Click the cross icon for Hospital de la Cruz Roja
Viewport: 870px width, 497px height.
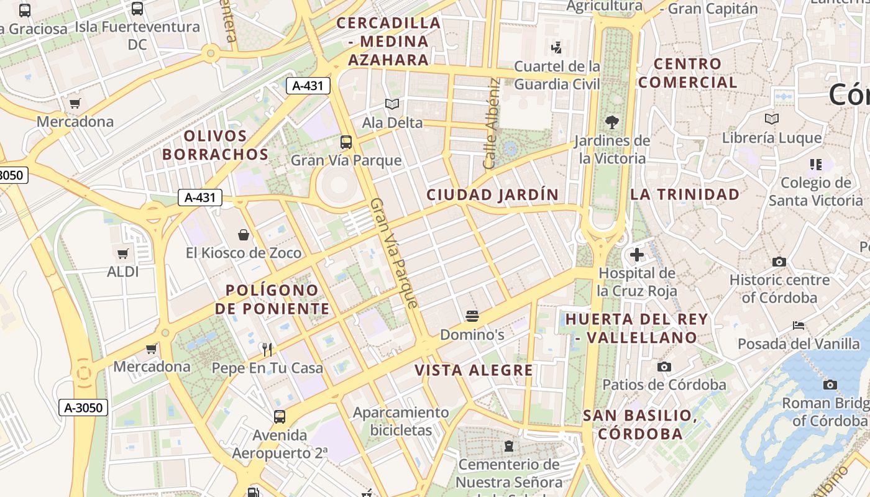point(637,254)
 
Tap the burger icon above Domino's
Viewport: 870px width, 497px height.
point(472,316)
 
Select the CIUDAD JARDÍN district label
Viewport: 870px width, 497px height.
point(493,194)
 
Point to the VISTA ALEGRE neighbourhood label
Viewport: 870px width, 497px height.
point(474,370)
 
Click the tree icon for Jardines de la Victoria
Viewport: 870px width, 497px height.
point(611,122)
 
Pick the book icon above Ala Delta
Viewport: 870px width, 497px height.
point(392,104)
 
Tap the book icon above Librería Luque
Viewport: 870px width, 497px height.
point(771,119)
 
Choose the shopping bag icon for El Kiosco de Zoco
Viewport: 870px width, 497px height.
point(244,234)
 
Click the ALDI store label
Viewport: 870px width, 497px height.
point(123,271)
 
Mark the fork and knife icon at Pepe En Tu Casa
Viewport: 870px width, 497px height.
point(267,349)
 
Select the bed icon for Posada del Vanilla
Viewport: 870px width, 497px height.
point(799,325)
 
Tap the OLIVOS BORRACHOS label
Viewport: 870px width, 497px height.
point(216,145)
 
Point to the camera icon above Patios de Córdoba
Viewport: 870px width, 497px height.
point(664,367)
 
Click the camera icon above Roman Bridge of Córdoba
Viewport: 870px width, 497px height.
point(830,385)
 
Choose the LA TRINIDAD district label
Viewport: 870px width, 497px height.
point(685,194)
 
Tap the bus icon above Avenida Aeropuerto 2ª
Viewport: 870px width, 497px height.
point(280,416)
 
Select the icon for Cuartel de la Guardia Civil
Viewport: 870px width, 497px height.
point(557,47)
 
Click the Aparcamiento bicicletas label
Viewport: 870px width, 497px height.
point(401,421)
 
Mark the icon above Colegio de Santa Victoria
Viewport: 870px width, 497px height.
point(815,164)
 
